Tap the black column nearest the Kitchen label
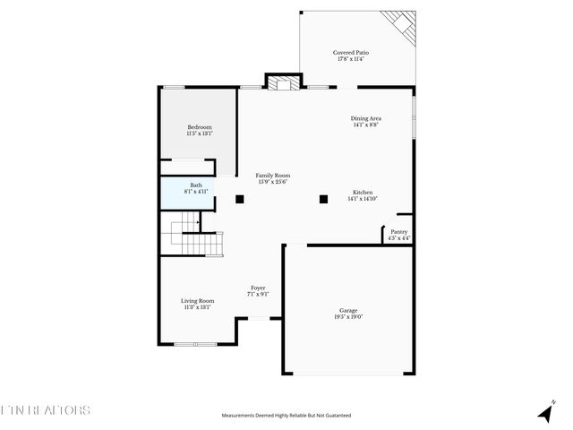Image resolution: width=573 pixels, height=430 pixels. [323, 199]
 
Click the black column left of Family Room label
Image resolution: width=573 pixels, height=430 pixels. [240, 199]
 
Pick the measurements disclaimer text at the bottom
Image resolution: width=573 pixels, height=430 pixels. [286, 416]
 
